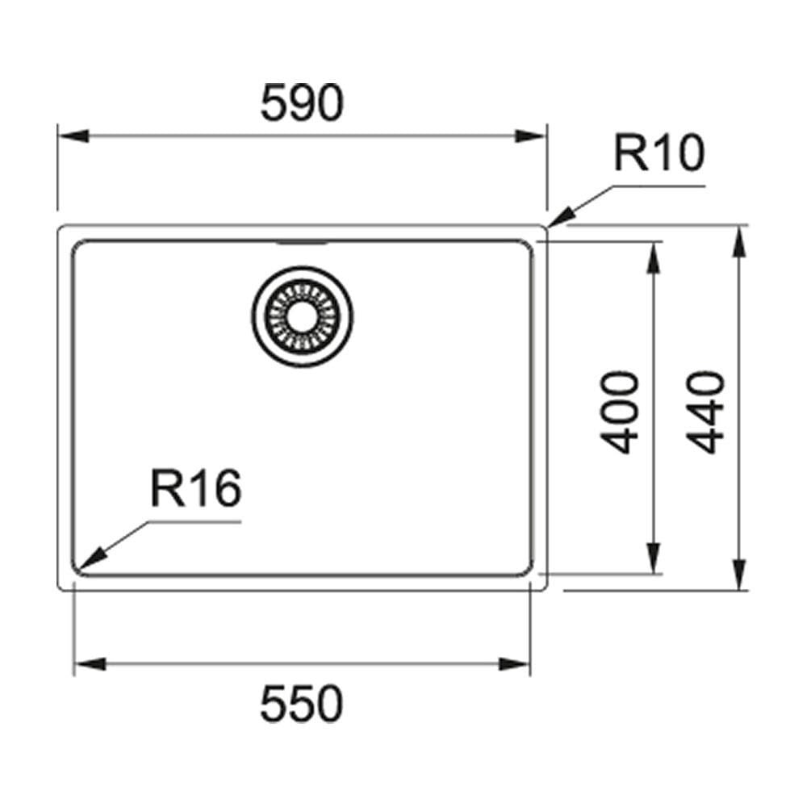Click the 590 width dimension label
click(x=302, y=102)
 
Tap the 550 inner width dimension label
click(x=302, y=703)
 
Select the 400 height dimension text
click(x=619, y=412)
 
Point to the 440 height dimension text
click(x=705, y=412)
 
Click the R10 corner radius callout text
click(x=659, y=153)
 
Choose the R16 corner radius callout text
click(x=196, y=488)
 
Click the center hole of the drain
click(x=302, y=316)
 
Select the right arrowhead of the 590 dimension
click(x=530, y=136)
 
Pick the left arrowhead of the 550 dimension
click(x=90, y=664)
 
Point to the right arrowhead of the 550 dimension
click(x=514, y=664)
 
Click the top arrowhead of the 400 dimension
click(x=654, y=257)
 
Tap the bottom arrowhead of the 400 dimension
click(x=654, y=558)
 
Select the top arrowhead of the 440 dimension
click(x=739, y=242)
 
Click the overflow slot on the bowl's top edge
click(x=302, y=242)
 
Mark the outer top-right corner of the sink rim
click(x=546, y=227)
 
